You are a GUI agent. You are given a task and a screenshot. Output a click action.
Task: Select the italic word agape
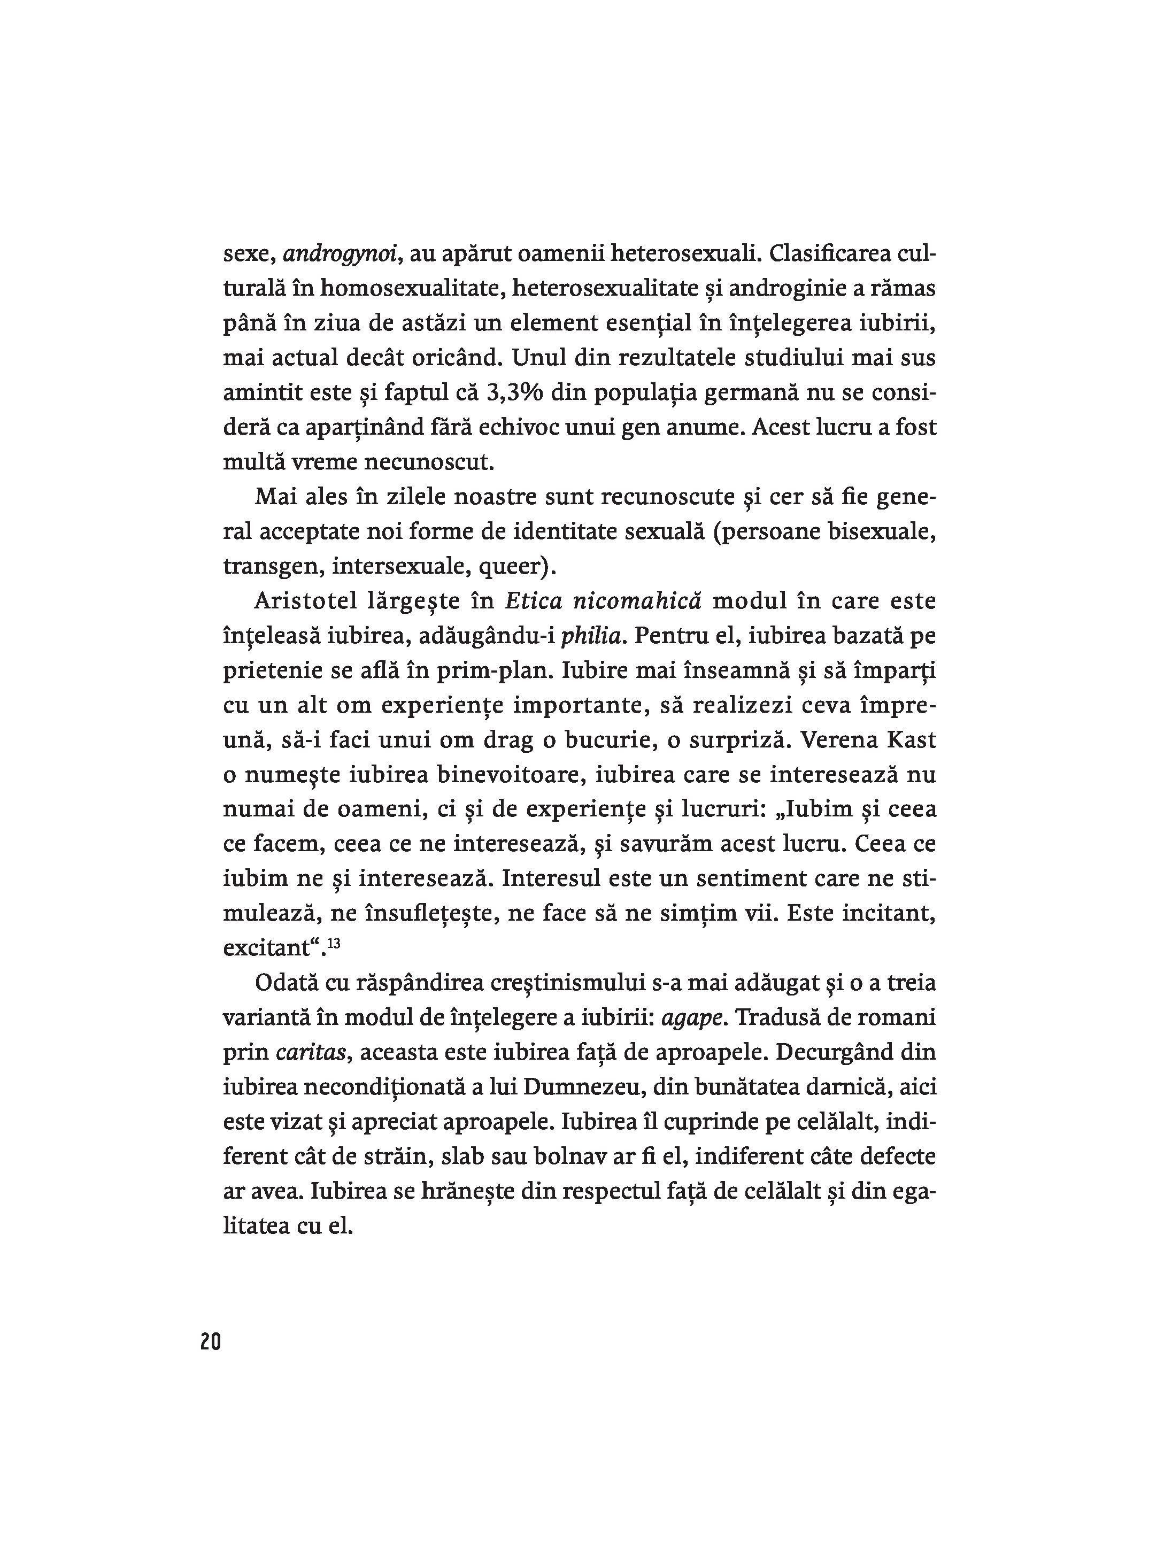point(691,1018)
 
